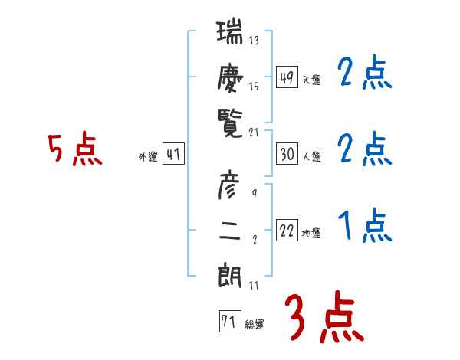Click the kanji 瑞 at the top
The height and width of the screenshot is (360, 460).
tap(230, 34)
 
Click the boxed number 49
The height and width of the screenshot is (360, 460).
tap(287, 78)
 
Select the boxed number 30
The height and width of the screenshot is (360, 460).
tap(287, 154)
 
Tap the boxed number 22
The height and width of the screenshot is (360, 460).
tap(287, 231)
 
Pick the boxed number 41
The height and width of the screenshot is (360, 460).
tap(173, 155)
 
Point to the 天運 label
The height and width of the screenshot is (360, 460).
tap(312, 80)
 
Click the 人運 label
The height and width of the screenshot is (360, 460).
tap(312, 156)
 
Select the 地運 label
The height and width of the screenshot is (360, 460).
tap(312, 233)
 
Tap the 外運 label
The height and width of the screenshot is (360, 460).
tap(148, 156)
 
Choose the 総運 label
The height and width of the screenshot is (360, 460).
tap(255, 324)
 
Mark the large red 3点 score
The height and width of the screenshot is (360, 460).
tap(324, 316)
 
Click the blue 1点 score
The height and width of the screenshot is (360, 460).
tap(364, 227)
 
